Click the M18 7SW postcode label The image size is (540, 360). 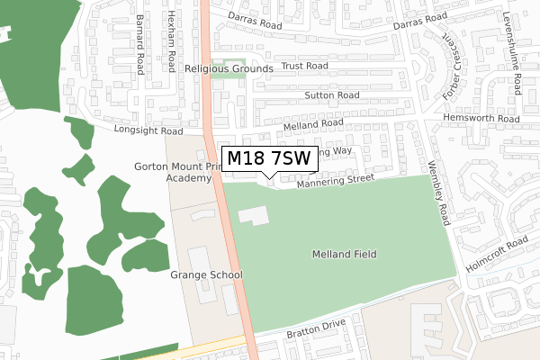pyautogui.click(x=268, y=159)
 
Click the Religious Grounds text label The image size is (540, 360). pyautogui.click(x=229, y=68)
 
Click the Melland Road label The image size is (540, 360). pyautogui.click(x=313, y=124)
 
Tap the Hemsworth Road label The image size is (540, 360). pyautogui.click(x=481, y=118)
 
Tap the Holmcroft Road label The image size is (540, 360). pyautogui.click(x=497, y=255)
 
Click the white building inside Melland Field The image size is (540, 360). pyautogui.click(x=253, y=216)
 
